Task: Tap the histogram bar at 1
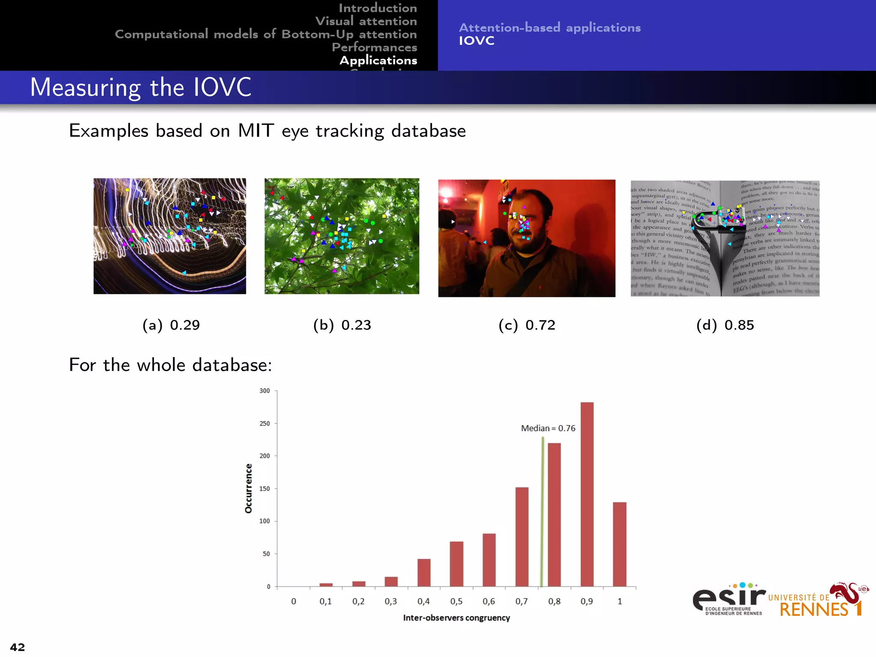coord(619,544)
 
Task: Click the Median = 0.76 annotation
coord(548,428)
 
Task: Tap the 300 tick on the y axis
coord(265,391)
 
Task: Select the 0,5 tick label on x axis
coord(456,601)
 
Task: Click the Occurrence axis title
coord(249,488)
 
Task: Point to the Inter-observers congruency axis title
coord(456,618)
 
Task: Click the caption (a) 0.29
coord(171,325)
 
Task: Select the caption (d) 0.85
coord(725,325)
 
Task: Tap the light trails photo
coord(170,236)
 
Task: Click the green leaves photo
coord(342,236)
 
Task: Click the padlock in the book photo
coord(723,220)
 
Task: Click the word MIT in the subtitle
coord(255,130)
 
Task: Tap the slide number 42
coord(18,647)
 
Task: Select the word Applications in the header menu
coord(379,60)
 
